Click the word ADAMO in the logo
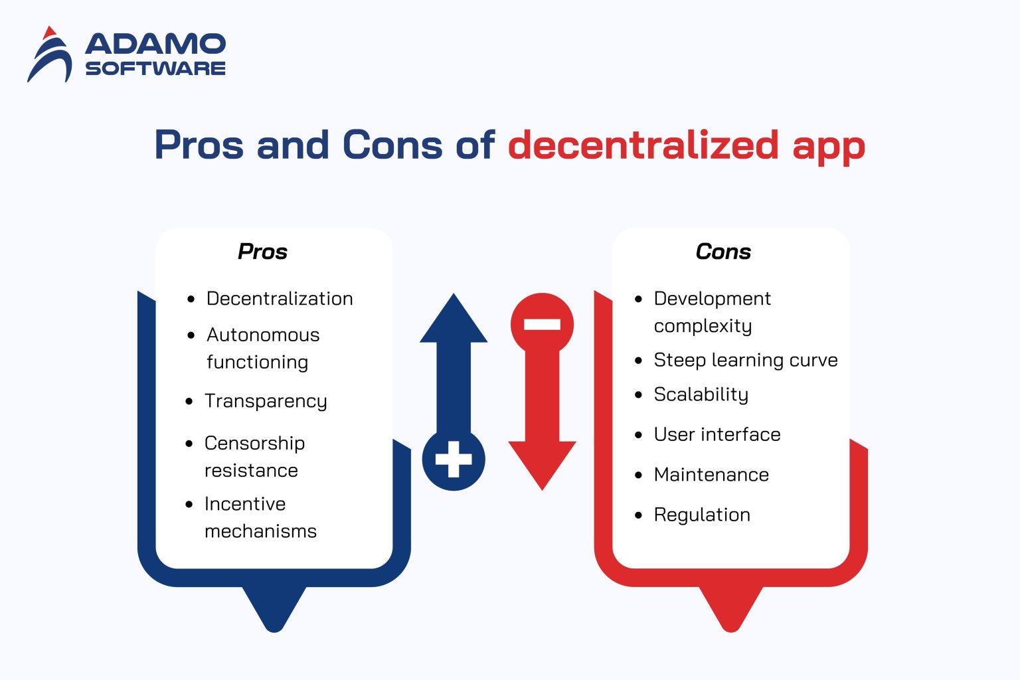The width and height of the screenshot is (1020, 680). click(155, 44)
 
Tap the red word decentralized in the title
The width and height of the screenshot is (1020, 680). click(643, 145)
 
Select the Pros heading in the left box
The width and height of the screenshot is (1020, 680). click(262, 252)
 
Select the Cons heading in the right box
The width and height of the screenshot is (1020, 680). click(723, 252)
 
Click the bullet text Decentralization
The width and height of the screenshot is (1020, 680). click(280, 299)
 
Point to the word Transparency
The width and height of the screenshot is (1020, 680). click(266, 401)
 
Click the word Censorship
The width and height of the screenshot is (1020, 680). click(254, 443)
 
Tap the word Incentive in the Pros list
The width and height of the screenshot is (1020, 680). click(245, 504)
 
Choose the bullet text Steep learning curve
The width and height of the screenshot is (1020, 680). click(745, 360)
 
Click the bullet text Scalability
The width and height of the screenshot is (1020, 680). click(701, 394)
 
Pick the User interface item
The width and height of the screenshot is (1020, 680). click(717, 434)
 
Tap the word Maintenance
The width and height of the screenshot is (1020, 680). click(711, 475)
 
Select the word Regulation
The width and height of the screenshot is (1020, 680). click(702, 515)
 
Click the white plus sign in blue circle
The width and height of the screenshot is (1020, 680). click(454, 460)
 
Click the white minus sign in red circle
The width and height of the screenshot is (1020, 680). click(542, 324)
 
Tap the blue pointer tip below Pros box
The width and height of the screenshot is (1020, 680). click(274, 614)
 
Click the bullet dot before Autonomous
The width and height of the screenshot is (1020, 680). click(191, 335)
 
